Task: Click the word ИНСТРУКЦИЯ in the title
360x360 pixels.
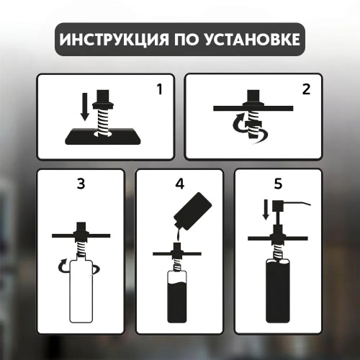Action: coord(114,40)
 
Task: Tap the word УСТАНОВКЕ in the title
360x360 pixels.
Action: coord(249,39)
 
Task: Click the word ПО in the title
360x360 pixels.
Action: coord(184,39)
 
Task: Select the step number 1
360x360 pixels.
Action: coord(159,89)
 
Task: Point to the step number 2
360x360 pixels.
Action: coord(306,89)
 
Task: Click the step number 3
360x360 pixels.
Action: coord(81,184)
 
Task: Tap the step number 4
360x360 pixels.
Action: coord(179,184)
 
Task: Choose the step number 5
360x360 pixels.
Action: coord(278,184)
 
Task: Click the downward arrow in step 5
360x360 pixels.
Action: coord(266,210)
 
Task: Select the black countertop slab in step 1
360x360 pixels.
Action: coord(103,136)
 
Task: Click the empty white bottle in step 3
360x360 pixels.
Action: coord(81,290)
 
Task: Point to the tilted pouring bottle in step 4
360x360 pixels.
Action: coord(194,211)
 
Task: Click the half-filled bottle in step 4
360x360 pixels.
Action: coord(177,296)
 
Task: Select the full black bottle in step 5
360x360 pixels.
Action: coord(278,290)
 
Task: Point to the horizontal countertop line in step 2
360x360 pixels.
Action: coord(253,108)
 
